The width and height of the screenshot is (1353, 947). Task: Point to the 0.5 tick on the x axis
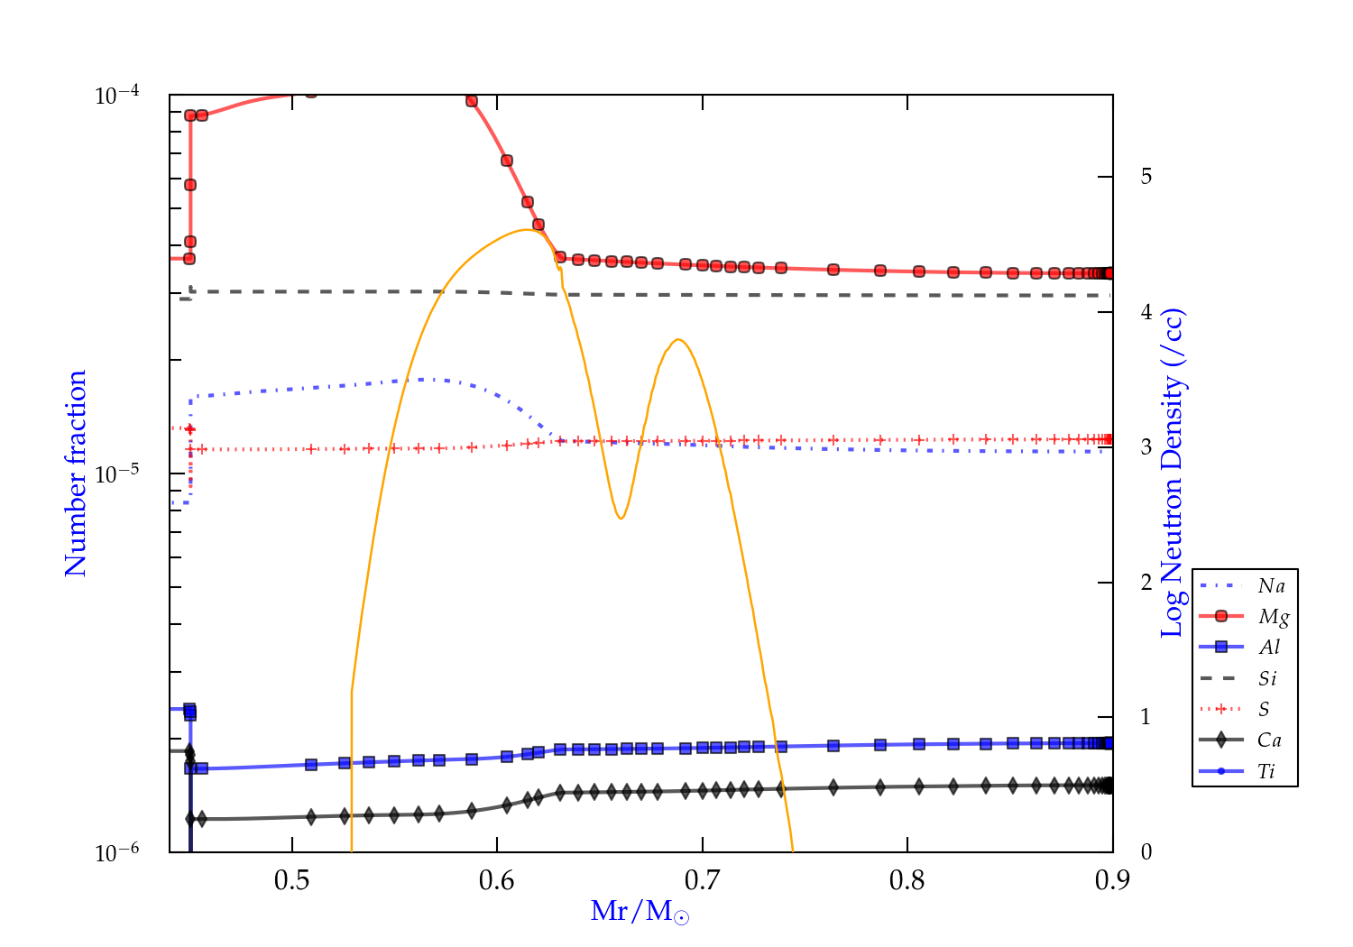(291, 880)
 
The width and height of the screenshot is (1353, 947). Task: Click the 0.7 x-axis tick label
(702, 880)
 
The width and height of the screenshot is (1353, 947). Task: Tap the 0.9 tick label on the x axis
(1112, 880)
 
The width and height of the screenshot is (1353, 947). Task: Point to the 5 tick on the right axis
(1146, 177)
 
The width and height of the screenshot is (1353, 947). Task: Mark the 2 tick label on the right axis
(1146, 583)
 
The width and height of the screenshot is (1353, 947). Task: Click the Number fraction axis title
(76, 473)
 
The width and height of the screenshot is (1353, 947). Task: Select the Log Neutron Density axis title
(1173, 473)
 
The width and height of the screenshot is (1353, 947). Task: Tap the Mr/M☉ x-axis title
(640, 912)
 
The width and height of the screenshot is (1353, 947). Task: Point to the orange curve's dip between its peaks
(621, 518)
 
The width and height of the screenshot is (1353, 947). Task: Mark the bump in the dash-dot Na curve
(433, 380)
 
